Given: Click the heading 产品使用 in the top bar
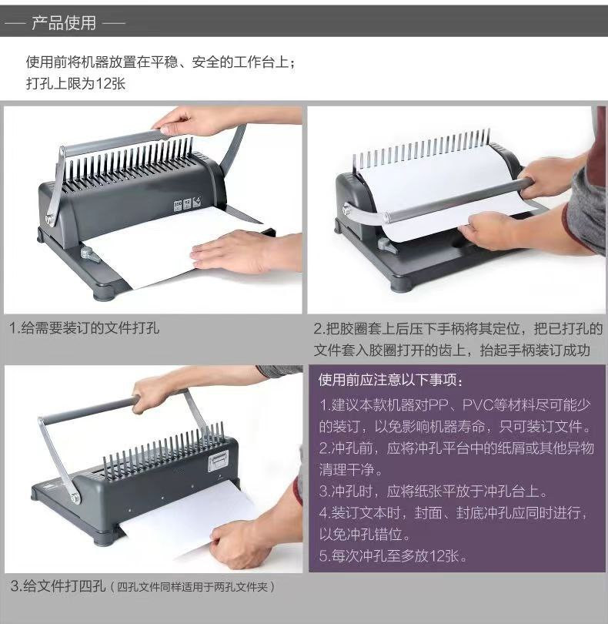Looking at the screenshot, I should [x=65, y=23].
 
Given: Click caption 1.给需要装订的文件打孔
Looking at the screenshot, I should [x=84, y=328].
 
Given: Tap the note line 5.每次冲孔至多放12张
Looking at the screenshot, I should [x=393, y=555].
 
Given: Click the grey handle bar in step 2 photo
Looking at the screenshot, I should [x=454, y=198].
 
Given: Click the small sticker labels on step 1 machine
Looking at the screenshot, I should [x=189, y=203].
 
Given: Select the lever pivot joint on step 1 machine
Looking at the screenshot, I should [x=51, y=220].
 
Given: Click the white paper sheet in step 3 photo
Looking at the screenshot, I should [x=185, y=512].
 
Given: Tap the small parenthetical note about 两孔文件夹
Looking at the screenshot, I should [x=195, y=587].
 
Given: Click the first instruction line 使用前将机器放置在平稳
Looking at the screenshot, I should [x=160, y=62].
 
